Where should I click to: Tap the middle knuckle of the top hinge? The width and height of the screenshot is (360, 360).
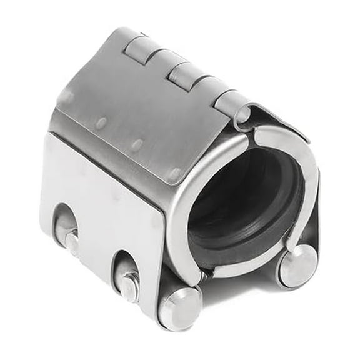click(x=186, y=73)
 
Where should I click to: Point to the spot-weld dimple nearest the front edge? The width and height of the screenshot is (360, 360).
click(x=176, y=172)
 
